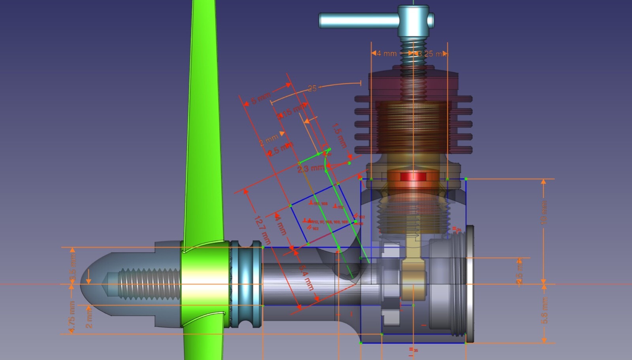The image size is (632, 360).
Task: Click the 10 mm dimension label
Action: [x=544, y=213]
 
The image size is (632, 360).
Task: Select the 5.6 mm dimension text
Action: [x=544, y=311]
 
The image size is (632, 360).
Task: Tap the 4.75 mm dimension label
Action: [x=72, y=317]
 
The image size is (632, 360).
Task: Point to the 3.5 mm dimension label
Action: [x=72, y=269]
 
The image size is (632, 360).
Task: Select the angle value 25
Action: [x=312, y=89]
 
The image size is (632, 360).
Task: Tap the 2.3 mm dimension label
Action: [x=310, y=169]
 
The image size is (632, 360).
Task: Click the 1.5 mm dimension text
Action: [x=339, y=136]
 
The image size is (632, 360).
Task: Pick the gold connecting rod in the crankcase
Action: [x=413, y=273]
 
